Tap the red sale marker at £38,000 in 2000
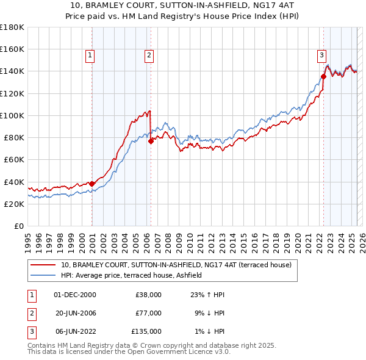point(91,184)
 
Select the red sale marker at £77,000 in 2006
point(151,140)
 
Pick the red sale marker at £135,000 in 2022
point(323,76)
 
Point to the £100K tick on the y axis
point(12,115)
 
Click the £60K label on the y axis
point(13,159)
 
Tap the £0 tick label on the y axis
point(20,226)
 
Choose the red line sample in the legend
point(43,265)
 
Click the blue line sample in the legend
point(43,276)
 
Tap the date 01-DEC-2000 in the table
point(75,295)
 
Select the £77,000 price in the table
point(148,313)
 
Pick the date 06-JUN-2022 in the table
point(75,331)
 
